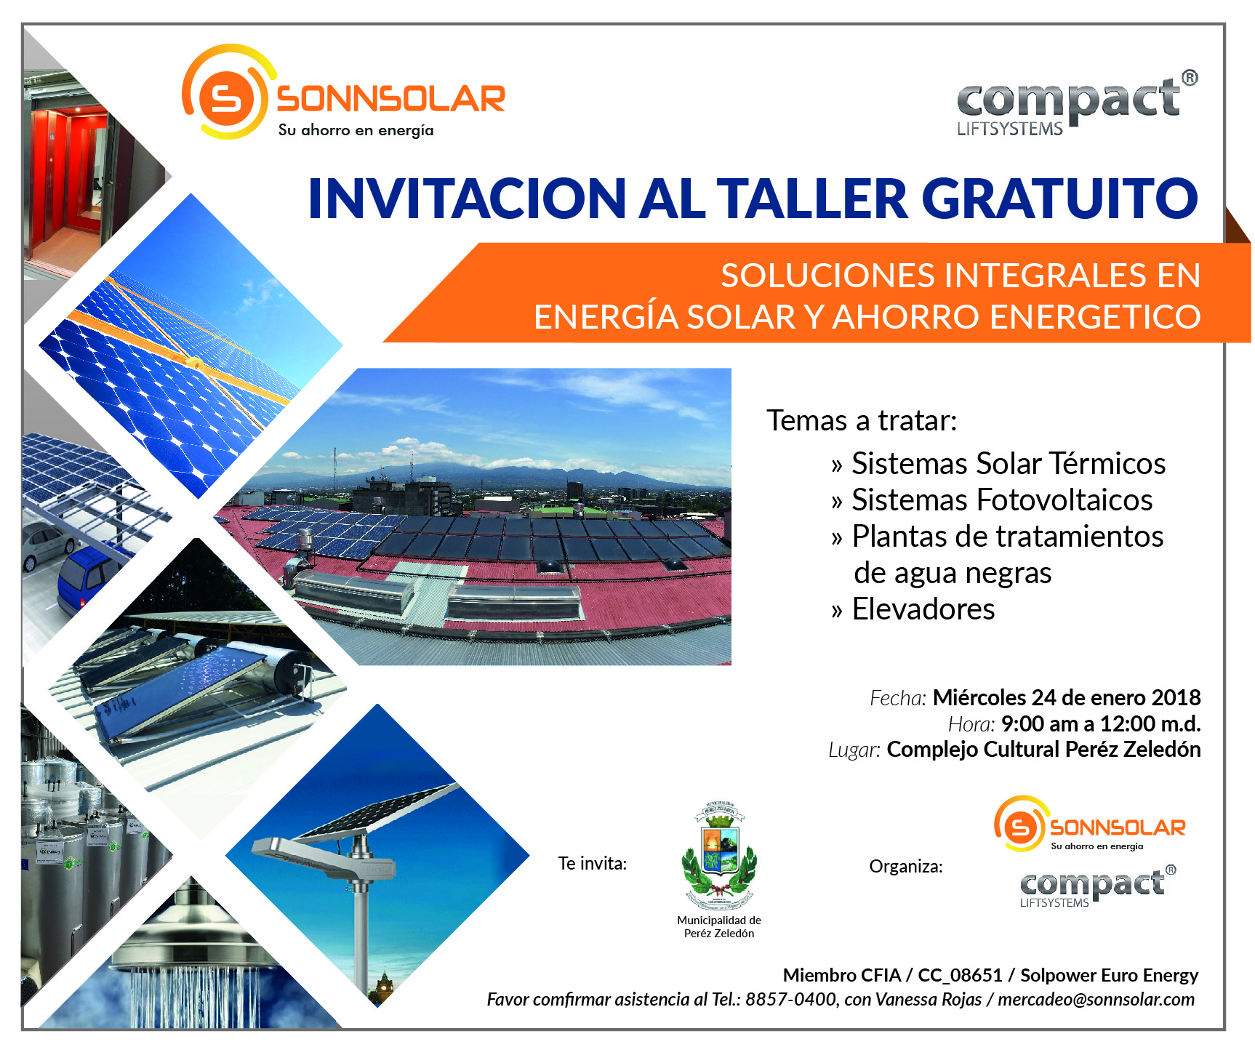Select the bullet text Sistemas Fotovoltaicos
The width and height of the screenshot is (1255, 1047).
[1002, 500]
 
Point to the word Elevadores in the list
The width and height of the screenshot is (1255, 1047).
[923, 609]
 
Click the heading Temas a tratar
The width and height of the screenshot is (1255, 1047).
[862, 420]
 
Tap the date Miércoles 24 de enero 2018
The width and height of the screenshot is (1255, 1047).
[1067, 697]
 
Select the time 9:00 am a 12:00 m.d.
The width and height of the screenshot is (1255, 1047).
[1101, 723]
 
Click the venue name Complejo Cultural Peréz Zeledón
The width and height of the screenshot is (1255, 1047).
[1043, 750]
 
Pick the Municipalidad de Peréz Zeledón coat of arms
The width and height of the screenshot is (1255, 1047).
[719, 857]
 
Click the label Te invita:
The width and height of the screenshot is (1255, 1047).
[592, 864]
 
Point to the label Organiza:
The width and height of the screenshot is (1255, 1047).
[906, 867]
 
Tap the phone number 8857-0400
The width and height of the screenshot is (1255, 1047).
[790, 1000]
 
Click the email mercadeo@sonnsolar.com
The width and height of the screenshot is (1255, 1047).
[1096, 1000]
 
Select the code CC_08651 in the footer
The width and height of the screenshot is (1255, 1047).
[960, 975]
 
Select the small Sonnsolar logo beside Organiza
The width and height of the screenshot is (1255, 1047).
[1089, 824]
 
